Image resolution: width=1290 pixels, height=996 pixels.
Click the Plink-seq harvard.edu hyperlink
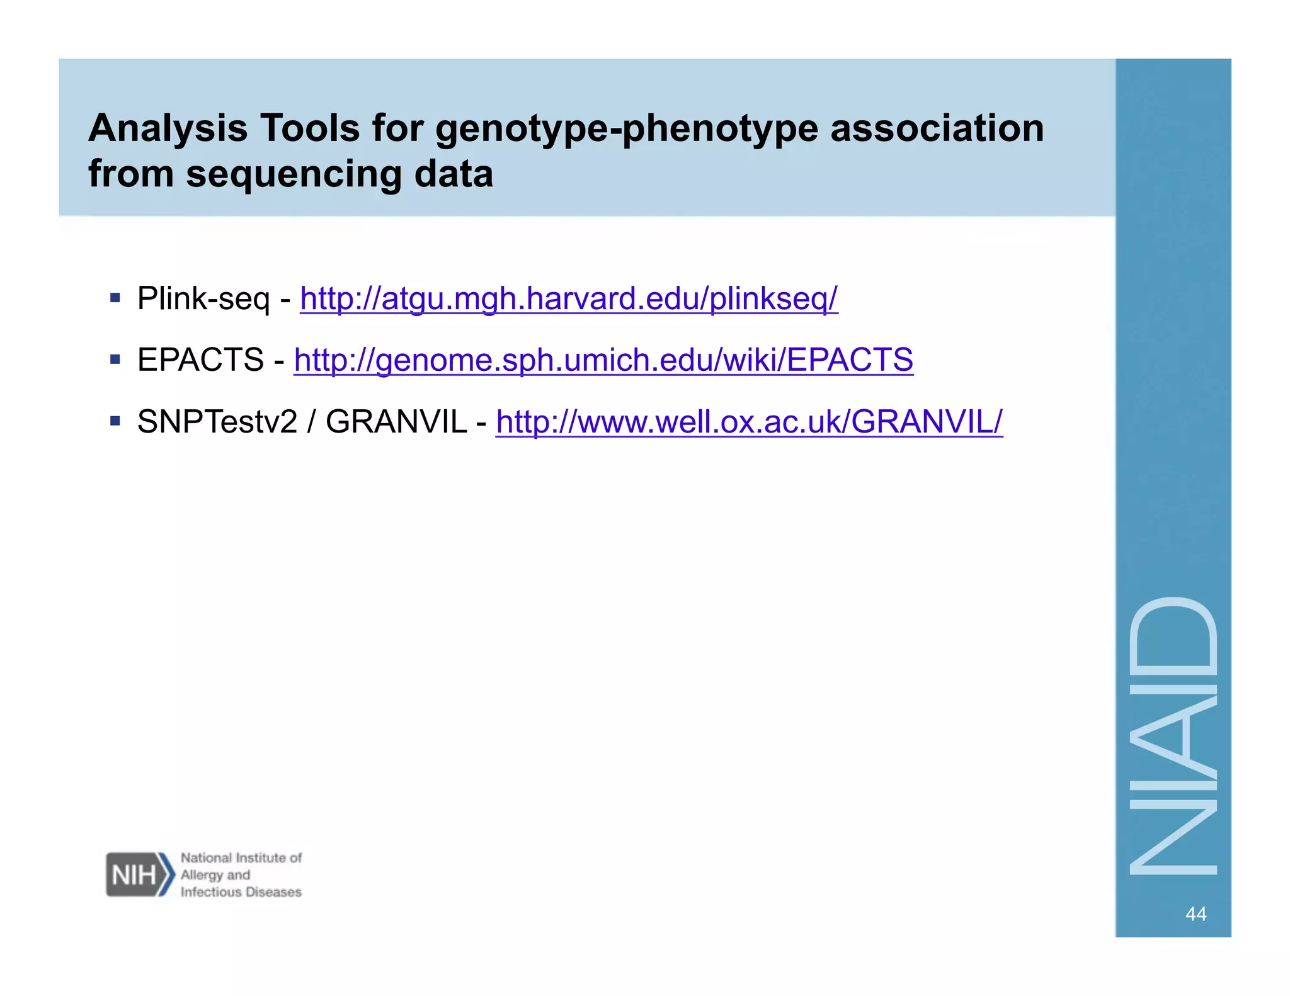[568, 298]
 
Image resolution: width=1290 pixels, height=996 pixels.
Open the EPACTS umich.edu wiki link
[603, 360]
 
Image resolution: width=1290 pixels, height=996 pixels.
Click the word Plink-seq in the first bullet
[203, 298]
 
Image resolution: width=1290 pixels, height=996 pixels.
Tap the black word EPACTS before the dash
[200, 360]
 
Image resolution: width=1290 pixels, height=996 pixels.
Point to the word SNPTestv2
[217, 422]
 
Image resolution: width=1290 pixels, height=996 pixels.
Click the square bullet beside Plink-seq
[115, 298]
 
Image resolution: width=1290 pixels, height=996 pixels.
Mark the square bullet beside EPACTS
[115, 359]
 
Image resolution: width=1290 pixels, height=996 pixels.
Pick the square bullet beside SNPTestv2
[115, 421]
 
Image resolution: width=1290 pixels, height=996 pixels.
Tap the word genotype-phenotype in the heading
[627, 129]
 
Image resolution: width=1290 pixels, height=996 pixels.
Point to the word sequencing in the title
[294, 174]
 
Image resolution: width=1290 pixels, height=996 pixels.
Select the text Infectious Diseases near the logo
[241, 892]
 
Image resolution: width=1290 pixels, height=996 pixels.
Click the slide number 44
[1196, 914]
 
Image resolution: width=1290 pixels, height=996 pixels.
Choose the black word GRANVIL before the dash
[396, 422]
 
